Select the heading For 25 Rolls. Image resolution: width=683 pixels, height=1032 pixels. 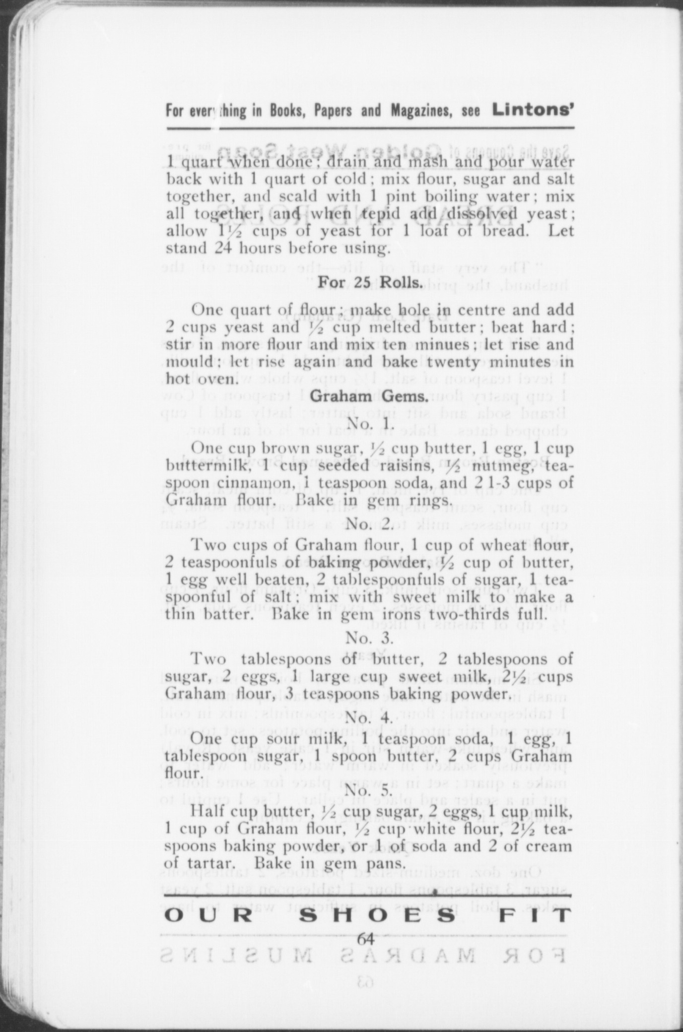point(370,283)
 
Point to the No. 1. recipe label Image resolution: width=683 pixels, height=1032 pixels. point(370,424)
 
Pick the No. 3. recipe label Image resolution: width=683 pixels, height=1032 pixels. point(370,637)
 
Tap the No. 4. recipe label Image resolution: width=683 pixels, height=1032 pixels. point(370,718)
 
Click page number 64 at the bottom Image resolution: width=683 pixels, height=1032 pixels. point(366,939)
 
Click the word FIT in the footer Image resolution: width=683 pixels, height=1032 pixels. point(535,915)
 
